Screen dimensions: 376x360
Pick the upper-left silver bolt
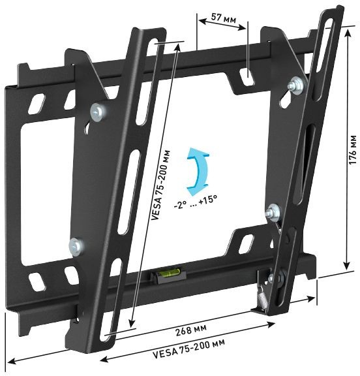click(x=98, y=112)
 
